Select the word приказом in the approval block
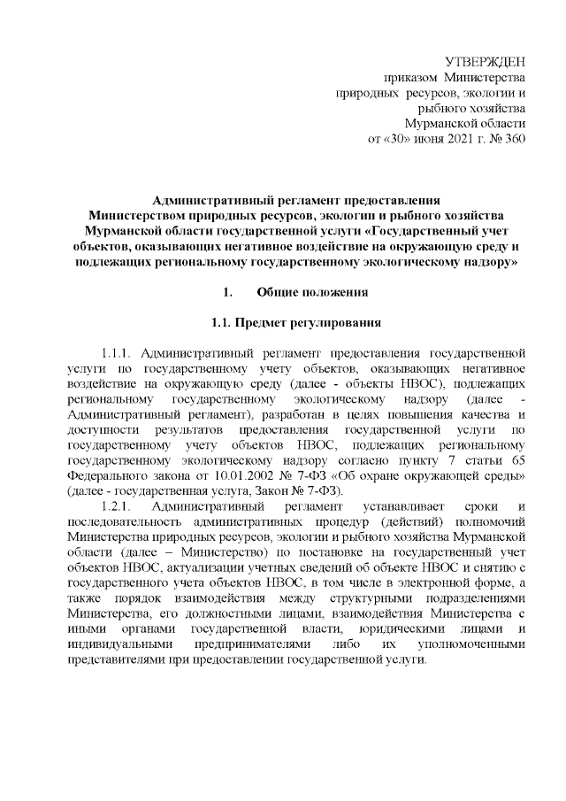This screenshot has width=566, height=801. [408, 77]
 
